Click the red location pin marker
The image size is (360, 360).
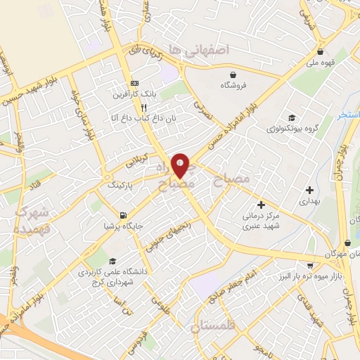click(x=181, y=165)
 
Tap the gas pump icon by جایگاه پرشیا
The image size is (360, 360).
click(x=124, y=216)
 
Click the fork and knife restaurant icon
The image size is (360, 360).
click(x=143, y=108)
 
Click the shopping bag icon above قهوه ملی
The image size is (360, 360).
click(x=321, y=51)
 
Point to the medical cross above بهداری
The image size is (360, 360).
click(x=309, y=189)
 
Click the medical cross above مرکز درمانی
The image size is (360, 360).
click(x=262, y=205)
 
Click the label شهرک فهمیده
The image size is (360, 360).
click(x=30, y=220)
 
